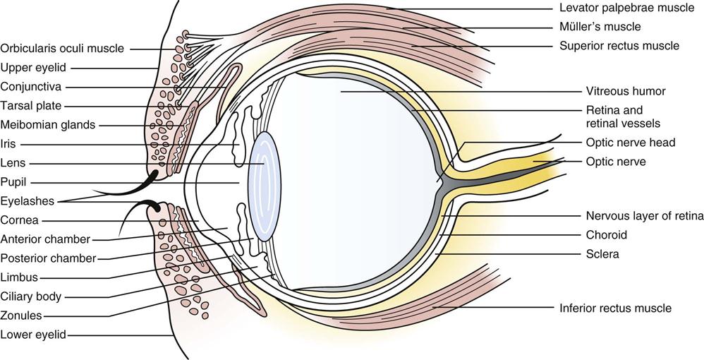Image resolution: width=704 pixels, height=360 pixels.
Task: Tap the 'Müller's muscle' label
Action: (x=600, y=27)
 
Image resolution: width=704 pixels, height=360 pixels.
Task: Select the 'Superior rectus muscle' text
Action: (x=619, y=46)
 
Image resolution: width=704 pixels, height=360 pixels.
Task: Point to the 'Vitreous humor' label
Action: (x=626, y=91)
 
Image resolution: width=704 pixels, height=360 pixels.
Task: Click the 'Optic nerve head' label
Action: (x=631, y=143)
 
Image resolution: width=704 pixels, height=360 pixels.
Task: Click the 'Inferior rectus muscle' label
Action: (x=615, y=308)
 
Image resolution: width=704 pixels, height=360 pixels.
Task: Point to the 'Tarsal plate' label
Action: (x=31, y=106)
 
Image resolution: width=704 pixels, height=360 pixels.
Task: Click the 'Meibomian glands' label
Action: (x=48, y=125)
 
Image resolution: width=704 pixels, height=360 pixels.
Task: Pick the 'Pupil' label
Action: (x=13, y=181)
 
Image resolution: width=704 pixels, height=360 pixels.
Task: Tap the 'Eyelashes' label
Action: (x=28, y=200)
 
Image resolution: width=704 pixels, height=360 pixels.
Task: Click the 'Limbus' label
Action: (x=20, y=277)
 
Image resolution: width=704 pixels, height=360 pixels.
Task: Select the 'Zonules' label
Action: (x=22, y=316)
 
